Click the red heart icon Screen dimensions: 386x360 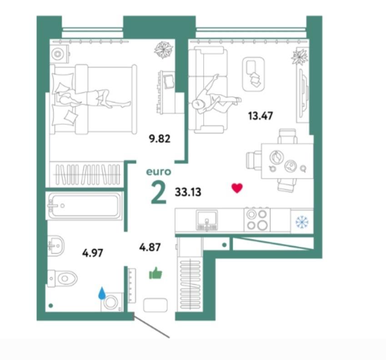click(237, 188)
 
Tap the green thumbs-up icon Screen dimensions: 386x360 click(155, 273)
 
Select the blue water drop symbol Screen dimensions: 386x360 click(102, 293)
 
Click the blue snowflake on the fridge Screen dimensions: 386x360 click(302, 222)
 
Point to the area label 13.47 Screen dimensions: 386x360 click(261, 116)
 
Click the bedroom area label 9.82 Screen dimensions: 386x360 click(160, 139)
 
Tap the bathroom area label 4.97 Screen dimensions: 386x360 click(93, 253)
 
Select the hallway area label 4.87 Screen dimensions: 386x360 click(150, 247)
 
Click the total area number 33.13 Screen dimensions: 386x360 click(188, 192)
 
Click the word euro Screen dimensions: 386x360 click(159, 172)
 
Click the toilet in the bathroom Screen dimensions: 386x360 click(62, 279)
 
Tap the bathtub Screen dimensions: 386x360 click(85, 206)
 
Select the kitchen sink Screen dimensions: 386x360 click(207, 220)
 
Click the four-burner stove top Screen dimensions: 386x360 click(257, 219)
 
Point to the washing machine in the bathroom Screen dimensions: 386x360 click(112, 302)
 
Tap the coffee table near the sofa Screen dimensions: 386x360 click(254, 75)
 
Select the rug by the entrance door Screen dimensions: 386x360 click(155, 305)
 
